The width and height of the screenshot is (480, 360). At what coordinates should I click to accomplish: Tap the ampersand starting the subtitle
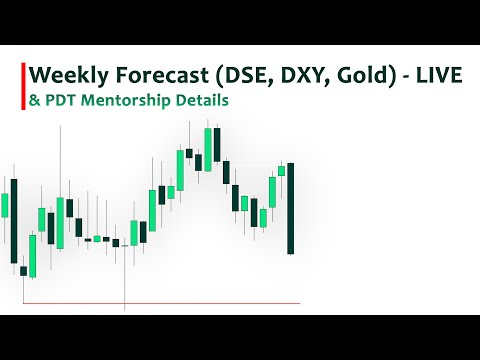pos(34,100)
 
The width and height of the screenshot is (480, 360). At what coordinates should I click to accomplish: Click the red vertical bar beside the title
pos(22,87)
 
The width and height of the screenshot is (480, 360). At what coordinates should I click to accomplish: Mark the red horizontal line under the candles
pos(200,303)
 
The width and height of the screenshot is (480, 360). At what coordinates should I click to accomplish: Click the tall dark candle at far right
pos(290,208)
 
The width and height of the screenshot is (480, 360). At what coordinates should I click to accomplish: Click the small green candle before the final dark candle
pos(281,170)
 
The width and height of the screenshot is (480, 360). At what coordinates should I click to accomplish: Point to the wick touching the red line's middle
pos(124,290)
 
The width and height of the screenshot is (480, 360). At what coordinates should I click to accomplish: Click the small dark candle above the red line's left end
pos(23,270)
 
